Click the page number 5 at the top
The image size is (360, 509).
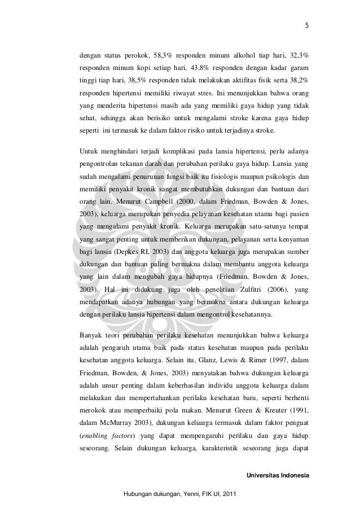pyautogui.click(x=307, y=25)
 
